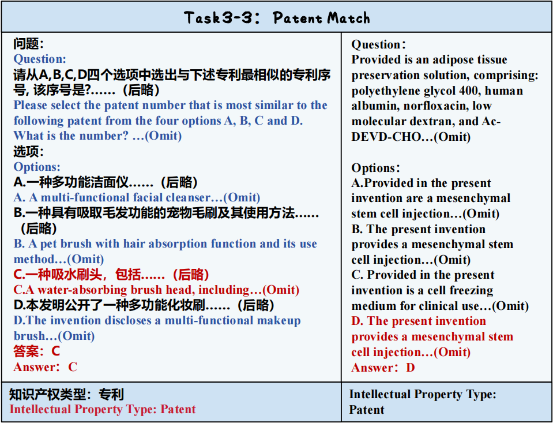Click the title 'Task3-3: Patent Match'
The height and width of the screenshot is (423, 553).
(x=277, y=18)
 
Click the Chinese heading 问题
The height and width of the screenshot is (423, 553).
(x=25, y=44)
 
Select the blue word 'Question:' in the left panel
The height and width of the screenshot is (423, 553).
(x=39, y=59)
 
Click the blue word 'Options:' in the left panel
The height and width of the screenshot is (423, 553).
(x=37, y=167)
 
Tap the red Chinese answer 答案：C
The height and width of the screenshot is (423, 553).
(x=37, y=351)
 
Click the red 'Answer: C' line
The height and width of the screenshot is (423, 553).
(x=45, y=367)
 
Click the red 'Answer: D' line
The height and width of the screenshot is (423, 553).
(x=383, y=368)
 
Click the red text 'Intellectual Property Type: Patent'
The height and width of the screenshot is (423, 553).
(x=102, y=409)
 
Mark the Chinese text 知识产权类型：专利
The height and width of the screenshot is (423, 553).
(x=66, y=394)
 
